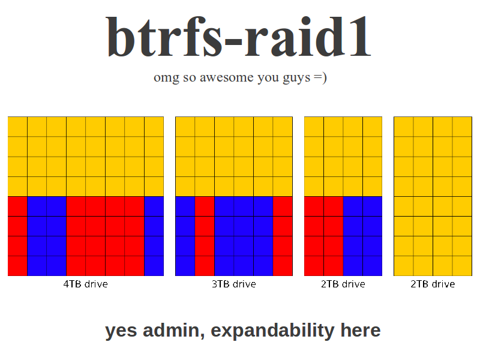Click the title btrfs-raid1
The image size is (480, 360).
239,37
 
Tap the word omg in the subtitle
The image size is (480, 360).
166,78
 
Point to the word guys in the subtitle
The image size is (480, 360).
296,78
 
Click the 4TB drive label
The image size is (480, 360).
85,284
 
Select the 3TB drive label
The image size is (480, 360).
234,284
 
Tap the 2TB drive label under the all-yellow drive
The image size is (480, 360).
433,284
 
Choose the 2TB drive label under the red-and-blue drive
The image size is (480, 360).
343,284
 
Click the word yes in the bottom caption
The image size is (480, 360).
121,331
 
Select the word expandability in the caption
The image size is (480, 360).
272,331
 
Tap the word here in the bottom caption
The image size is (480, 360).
361,330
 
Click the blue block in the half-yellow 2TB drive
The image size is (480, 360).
363,236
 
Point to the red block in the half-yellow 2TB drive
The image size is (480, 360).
323,236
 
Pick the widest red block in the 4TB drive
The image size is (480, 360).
106,236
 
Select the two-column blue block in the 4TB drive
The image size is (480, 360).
47,236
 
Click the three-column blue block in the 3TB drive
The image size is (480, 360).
244,236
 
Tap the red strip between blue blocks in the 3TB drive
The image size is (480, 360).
205,236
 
